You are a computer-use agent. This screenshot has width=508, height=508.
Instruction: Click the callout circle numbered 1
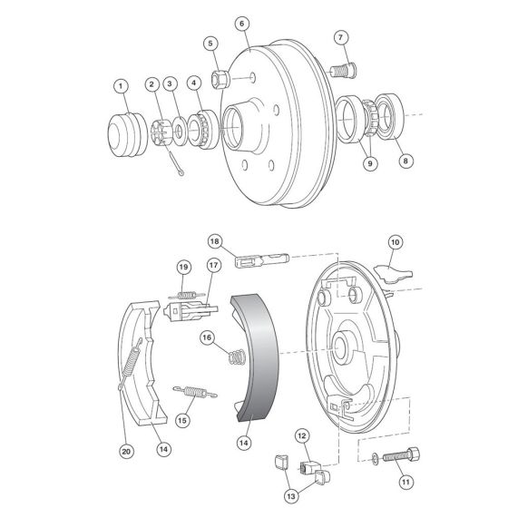[119, 85]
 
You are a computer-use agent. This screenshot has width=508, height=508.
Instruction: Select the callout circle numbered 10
[395, 241]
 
